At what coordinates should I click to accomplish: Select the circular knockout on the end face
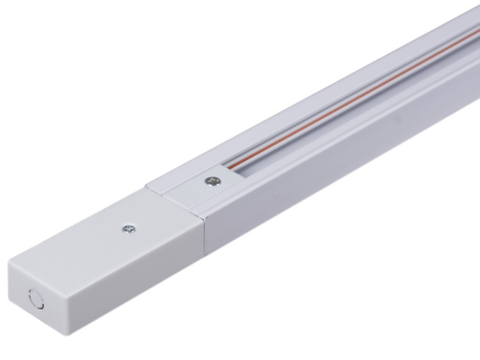click(x=36, y=299)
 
